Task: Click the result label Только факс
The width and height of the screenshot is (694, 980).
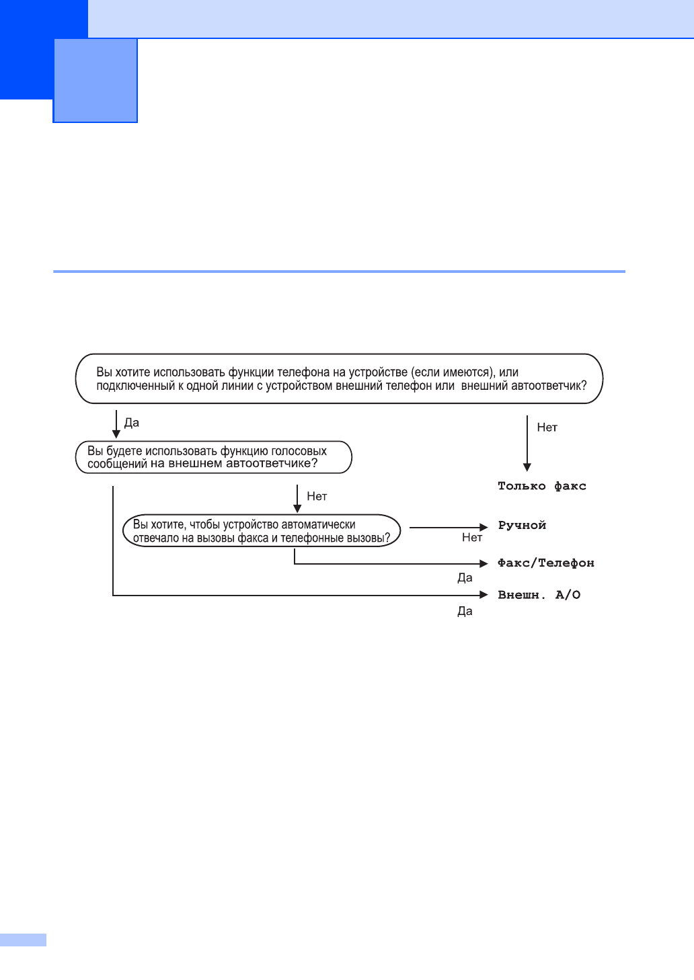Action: [541, 486]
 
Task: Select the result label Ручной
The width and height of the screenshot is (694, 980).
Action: [522, 526]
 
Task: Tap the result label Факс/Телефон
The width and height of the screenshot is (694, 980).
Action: [545, 563]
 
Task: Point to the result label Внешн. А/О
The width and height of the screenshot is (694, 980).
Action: [539, 595]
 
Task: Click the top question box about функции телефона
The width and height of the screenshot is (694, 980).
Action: [339, 379]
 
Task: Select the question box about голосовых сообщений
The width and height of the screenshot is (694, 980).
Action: [213, 457]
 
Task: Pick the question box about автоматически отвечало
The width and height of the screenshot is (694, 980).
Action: [261, 531]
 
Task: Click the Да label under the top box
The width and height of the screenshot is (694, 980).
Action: [132, 423]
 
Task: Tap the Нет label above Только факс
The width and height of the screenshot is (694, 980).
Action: [547, 427]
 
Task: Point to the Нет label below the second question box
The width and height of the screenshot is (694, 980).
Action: [317, 497]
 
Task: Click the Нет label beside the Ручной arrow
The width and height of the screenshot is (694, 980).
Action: [472, 538]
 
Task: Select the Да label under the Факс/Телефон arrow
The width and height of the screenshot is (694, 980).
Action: [465, 578]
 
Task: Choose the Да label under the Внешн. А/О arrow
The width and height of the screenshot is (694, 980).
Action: [465, 612]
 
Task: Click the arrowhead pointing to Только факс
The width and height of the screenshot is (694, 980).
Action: [527, 467]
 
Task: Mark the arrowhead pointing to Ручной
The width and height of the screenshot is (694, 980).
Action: [484, 528]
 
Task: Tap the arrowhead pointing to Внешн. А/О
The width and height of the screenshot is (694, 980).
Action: [484, 595]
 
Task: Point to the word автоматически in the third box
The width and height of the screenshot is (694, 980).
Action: [319, 524]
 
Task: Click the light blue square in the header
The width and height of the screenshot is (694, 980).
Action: [95, 81]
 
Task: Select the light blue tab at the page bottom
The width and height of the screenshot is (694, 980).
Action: [24, 940]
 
